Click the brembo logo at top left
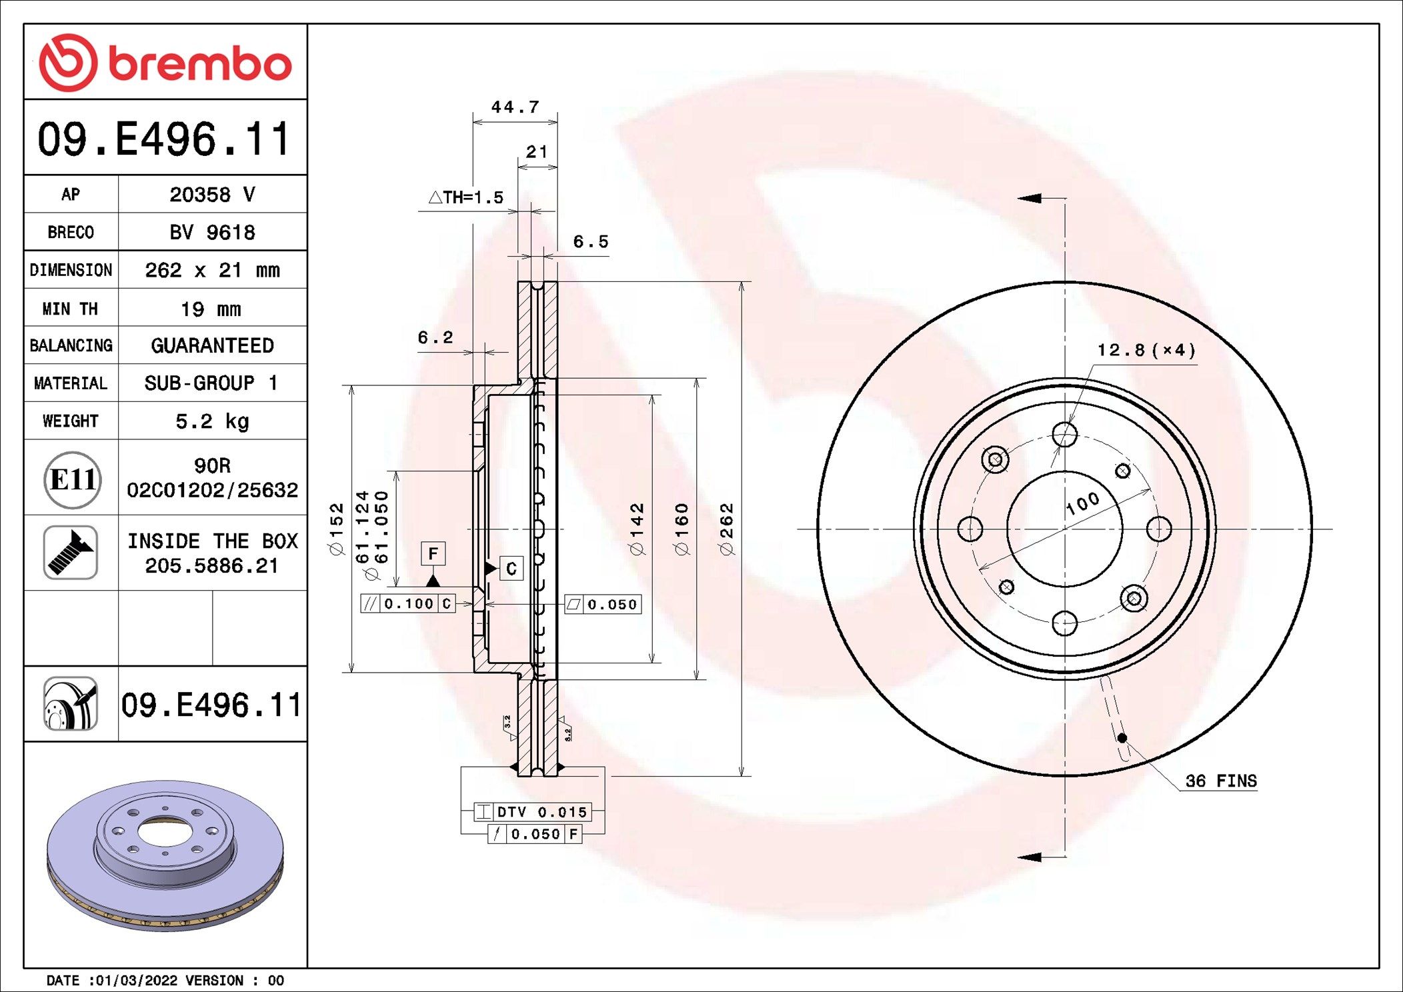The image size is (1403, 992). point(165,63)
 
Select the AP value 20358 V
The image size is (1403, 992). point(212,195)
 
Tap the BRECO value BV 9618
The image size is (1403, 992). point(212,232)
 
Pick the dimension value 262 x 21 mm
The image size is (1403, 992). point(212,270)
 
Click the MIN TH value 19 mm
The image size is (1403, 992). point(211,309)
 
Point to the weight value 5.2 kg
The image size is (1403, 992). point(212,421)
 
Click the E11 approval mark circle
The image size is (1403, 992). point(73,479)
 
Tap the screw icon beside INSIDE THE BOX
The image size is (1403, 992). point(71,552)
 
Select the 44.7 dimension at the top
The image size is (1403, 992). point(515,107)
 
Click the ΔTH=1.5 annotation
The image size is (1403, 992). point(465,197)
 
